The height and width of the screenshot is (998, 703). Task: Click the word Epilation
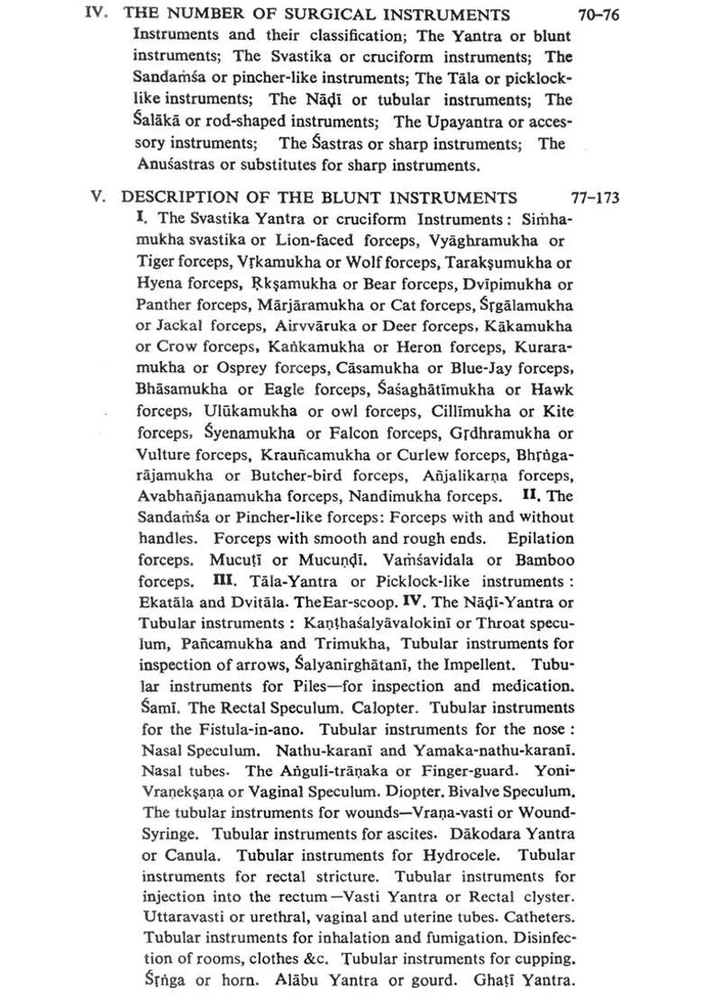pos(541,538)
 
